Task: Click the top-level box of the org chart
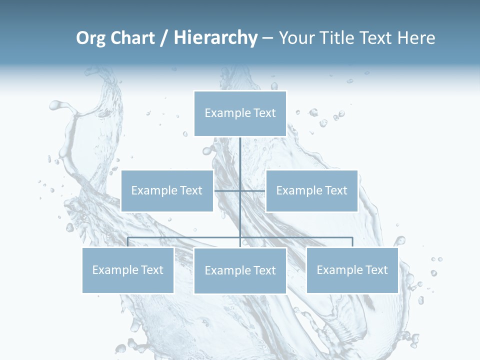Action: coord(240,113)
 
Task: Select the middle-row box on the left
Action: coord(167,190)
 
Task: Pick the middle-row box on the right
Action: coord(311,190)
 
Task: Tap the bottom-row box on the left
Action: coord(128,270)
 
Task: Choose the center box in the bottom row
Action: coord(240,270)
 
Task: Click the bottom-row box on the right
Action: coord(352,270)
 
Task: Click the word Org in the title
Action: coord(90,38)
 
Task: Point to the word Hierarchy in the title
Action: coord(215,38)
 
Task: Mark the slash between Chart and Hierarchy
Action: coord(164,38)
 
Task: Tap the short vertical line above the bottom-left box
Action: coord(128,242)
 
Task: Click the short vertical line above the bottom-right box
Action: coord(352,242)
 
